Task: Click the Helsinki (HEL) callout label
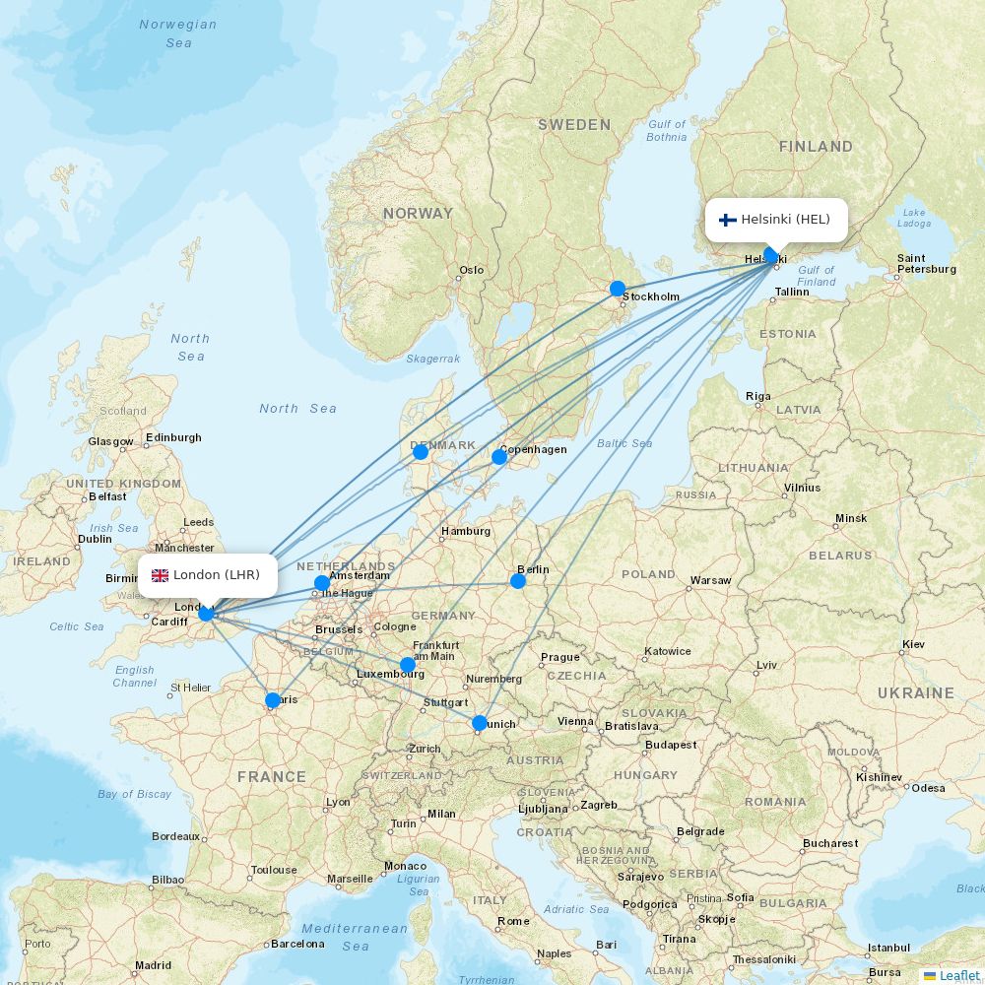point(776,220)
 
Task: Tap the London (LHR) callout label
point(208,575)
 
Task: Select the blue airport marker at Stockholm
point(618,289)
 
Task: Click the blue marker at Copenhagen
point(499,456)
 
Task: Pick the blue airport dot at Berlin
point(518,581)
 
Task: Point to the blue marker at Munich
point(480,723)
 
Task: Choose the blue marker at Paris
point(273,700)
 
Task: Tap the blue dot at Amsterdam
point(322,583)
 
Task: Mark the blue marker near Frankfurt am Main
point(408,665)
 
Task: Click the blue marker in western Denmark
point(421,451)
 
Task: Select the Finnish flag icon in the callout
point(728,220)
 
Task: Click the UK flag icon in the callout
point(160,575)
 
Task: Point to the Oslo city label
point(471,270)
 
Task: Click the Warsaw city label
point(710,580)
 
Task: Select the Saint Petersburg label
point(926,263)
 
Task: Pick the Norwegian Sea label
point(178,33)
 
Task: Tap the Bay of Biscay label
point(134,794)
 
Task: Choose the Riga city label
point(758,396)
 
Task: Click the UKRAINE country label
point(916,693)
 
